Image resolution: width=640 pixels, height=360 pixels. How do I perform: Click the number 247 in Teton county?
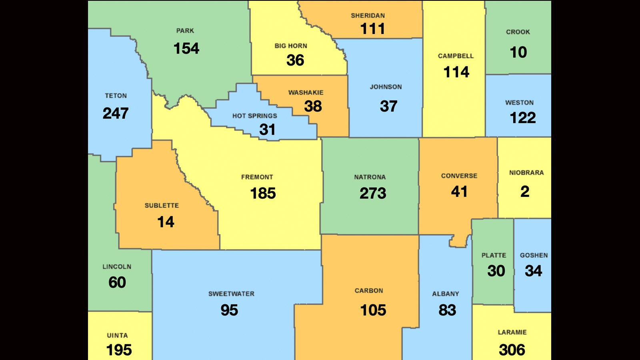coord(116,113)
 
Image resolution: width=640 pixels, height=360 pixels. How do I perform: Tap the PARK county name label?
coord(185,31)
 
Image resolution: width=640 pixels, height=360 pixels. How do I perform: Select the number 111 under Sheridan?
coord(372,29)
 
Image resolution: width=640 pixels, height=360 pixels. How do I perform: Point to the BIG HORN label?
coord(291,46)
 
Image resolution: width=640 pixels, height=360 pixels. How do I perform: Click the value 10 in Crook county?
coord(518,52)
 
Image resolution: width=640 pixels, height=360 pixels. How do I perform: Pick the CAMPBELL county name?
coord(456,56)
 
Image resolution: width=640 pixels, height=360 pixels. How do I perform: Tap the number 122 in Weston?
coord(522,118)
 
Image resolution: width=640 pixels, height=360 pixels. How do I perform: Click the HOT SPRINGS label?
coord(255,116)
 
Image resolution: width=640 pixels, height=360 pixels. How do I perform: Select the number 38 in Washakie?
coord(313,106)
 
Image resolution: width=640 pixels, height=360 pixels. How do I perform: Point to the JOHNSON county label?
coord(386,87)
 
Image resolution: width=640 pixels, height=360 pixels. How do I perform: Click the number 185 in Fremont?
coord(263,194)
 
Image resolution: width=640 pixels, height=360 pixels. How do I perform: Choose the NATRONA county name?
coord(370,177)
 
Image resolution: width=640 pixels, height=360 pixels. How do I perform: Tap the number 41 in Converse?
coord(459,192)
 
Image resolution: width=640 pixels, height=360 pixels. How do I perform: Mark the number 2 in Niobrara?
coord(525,192)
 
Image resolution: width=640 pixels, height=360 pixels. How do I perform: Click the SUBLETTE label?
coord(162,206)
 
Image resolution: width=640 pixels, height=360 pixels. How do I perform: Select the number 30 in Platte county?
coord(496,271)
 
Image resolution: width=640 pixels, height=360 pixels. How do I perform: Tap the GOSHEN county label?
coord(534,255)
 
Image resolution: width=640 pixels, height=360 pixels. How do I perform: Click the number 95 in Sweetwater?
coord(229,310)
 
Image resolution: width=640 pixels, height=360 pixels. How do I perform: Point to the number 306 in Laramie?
coord(512,350)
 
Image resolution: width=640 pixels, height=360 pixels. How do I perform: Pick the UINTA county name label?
coord(117,336)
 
